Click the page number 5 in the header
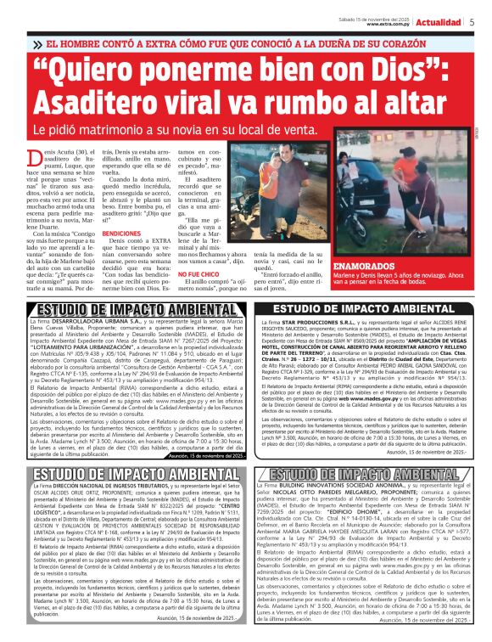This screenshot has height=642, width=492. (x=471, y=21)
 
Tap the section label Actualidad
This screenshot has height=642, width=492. (x=440, y=21)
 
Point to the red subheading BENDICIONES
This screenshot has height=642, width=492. (x=121, y=232)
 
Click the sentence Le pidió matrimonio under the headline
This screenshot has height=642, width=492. (x=93, y=130)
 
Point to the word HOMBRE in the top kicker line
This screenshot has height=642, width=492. (x=91, y=42)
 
